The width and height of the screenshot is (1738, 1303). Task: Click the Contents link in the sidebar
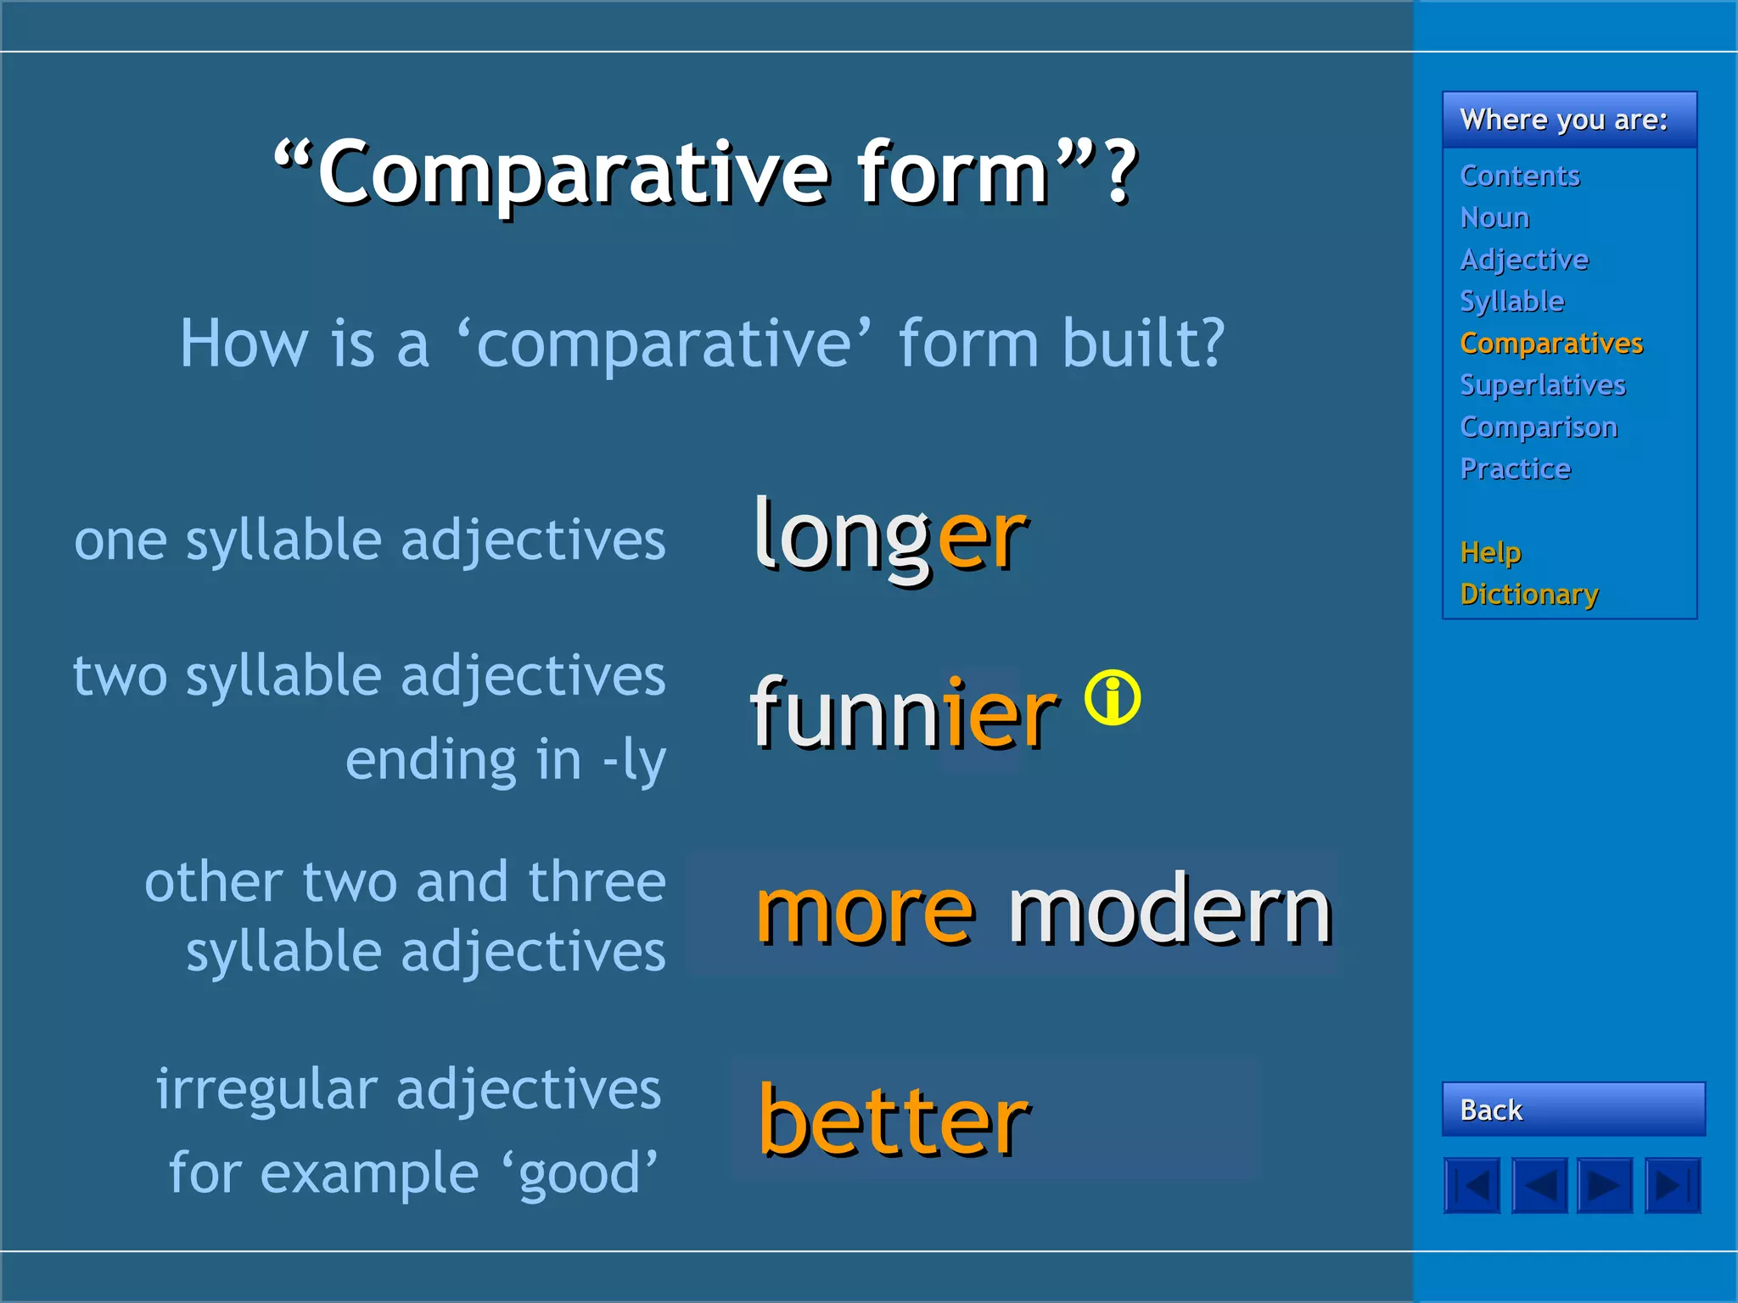[1519, 176]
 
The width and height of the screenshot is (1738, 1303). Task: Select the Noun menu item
[1494, 218]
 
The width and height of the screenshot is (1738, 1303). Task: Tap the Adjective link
[1523, 260]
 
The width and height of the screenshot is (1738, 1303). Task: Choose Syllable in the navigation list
[1511, 301]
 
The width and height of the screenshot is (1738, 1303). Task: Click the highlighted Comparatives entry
[1550, 343]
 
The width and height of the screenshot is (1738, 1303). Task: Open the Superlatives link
[1542, 385]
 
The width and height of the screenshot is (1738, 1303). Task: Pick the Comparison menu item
[1538, 427]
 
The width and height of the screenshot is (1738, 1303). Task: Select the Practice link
[1515, 468]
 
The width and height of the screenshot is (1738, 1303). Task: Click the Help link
[1490, 552]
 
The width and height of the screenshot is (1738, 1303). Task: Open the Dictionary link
[1528, 594]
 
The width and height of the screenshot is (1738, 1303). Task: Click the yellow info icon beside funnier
[1112, 698]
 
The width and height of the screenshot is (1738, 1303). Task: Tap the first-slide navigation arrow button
[1472, 1185]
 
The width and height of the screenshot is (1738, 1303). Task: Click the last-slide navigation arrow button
[1673, 1185]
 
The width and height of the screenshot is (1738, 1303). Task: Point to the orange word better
[893, 1121]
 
